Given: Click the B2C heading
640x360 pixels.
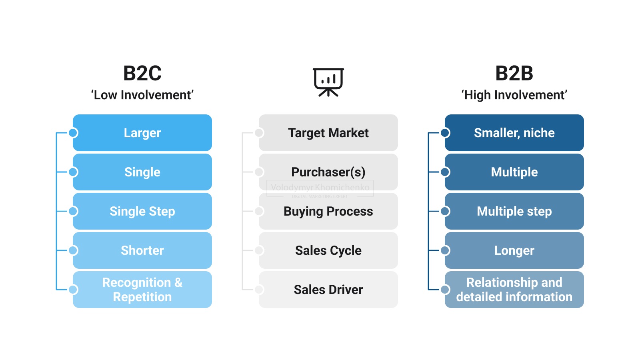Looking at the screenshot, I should click(142, 74).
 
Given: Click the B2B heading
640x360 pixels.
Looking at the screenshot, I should click(514, 74).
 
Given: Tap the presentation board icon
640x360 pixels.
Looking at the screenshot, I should click(328, 82).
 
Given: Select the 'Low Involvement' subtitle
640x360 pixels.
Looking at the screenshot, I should click(142, 95).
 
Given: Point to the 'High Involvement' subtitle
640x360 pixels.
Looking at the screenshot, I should click(514, 95).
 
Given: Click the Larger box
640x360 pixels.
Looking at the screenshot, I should click(142, 133).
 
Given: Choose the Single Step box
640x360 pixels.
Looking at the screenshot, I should click(142, 211).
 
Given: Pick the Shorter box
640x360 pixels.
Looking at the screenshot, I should click(142, 250).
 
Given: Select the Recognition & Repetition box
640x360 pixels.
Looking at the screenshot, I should click(142, 290).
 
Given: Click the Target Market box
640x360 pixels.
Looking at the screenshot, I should click(328, 133).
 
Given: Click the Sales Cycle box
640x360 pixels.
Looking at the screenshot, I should click(328, 250).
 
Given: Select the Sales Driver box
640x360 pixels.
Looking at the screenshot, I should click(328, 290).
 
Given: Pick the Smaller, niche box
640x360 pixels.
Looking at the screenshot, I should click(514, 133).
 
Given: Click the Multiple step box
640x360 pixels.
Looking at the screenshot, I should click(514, 211).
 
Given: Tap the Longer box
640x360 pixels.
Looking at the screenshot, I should click(514, 250).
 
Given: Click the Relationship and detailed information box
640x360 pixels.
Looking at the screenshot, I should click(514, 290).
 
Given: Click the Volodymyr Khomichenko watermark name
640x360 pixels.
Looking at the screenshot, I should click(320, 187).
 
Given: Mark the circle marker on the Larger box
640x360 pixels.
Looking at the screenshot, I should click(73, 133).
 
